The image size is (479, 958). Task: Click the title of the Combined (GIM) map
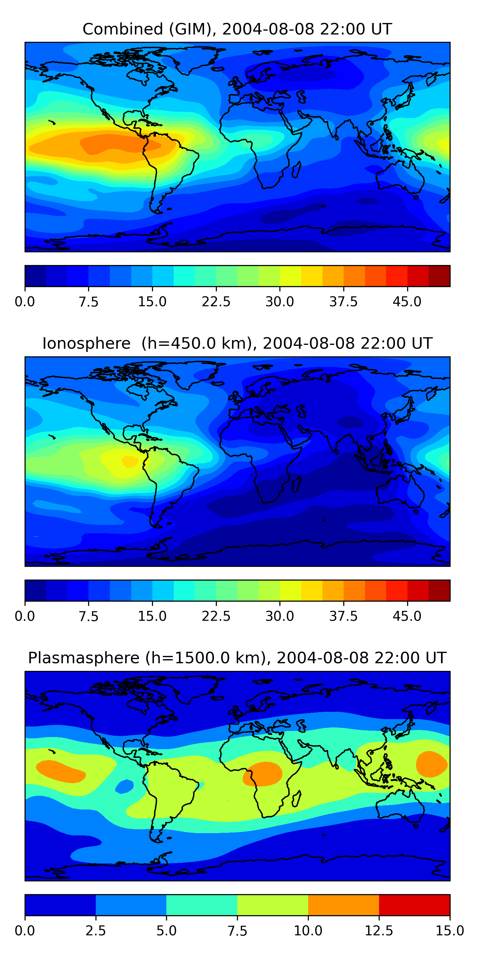point(237,29)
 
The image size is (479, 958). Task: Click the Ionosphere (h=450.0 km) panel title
point(237,343)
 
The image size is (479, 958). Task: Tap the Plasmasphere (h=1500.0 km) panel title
point(237,658)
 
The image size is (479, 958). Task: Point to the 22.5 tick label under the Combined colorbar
point(216,301)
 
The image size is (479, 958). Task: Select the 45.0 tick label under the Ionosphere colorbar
point(407,616)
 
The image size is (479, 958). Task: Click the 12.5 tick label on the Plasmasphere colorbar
point(379,931)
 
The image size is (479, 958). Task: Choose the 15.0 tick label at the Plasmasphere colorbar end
point(450,931)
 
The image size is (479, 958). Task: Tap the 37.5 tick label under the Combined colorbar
point(343,301)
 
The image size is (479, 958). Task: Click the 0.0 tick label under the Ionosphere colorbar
point(25,616)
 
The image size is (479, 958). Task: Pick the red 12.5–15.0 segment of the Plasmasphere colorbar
point(414,905)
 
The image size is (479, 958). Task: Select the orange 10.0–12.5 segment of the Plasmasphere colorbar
point(343,905)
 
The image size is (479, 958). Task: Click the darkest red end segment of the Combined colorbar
point(439,276)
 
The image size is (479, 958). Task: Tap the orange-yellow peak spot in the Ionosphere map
point(130,461)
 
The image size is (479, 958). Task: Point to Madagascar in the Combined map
point(296,170)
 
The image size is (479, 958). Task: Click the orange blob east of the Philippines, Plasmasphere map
point(431,764)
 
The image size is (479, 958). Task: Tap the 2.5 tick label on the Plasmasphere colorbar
point(95,931)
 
